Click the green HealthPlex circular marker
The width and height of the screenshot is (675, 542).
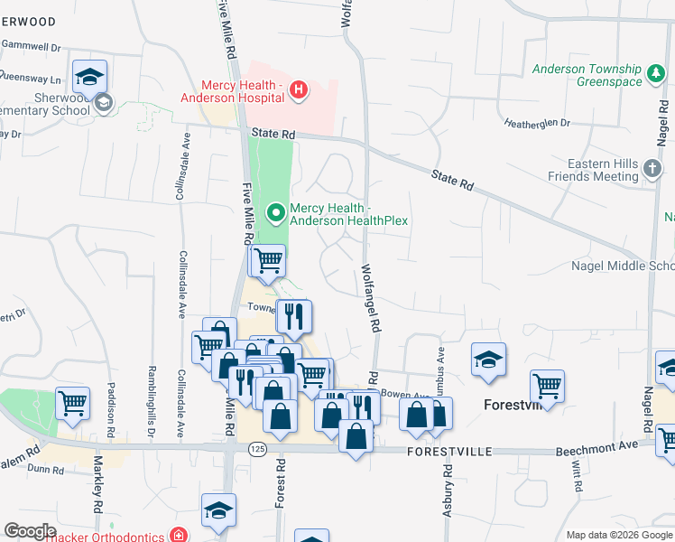tap(276, 213)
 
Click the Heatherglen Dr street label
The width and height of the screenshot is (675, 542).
tap(538, 123)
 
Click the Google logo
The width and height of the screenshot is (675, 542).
tap(30, 531)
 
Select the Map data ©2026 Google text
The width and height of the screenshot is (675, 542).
tap(618, 535)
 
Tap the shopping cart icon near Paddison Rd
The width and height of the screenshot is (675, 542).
tap(71, 403)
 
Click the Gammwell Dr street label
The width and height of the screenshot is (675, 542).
tap(29, 44)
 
